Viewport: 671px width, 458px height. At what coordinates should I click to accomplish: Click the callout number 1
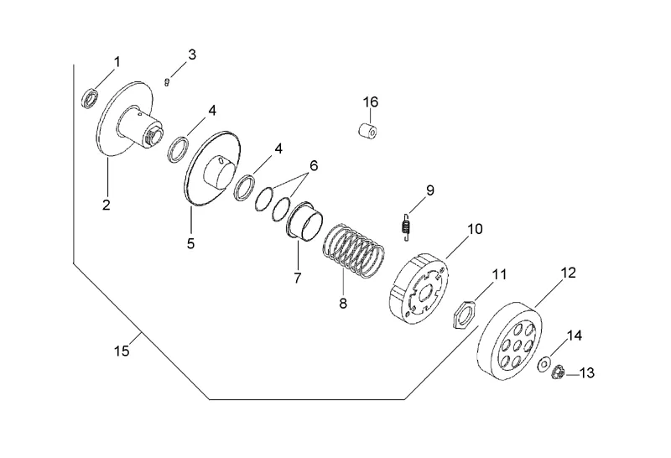click(x=117, y=61)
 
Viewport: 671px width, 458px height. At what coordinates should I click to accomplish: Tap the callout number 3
click(x=192, y=55)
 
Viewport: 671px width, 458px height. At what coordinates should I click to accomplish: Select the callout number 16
click(x=370, y=101)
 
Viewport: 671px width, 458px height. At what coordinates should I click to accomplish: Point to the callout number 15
click(x=122, y=351)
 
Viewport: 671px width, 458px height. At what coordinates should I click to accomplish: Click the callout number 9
click(x=429, y=190)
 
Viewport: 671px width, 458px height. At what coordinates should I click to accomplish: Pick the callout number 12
click(x=568, y=273)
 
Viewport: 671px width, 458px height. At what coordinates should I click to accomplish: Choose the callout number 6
click(x=314, y=166)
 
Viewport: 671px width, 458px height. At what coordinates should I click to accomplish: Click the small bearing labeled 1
click(x=90, y=99)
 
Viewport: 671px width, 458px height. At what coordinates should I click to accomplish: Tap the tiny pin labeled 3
click(x=169, y=81)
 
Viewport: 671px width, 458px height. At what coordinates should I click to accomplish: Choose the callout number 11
click(x=499, y=274)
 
